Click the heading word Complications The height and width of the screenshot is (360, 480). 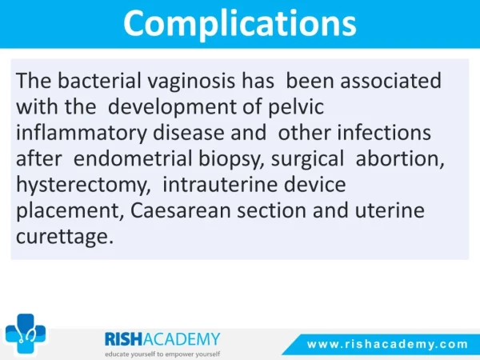click(240, 23)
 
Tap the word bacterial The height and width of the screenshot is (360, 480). click(99, 81)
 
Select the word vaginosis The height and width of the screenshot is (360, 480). click(191, 82)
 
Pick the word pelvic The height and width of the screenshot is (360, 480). click(296, 107)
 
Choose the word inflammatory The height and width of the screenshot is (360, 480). click(82, 133)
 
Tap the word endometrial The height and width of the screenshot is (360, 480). click(133, 158)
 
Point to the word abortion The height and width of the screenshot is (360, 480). click(400, 158)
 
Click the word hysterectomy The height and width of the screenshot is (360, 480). click(83, 186)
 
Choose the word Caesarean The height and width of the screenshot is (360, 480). click(181, 210)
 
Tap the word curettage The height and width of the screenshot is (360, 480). click(65, 238)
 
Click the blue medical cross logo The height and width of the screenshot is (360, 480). click(26, 334)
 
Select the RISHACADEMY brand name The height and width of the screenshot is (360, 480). click(162, 339)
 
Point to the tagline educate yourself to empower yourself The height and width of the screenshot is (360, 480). click(162, 354)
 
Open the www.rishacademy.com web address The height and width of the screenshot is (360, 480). click(387, 344)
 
